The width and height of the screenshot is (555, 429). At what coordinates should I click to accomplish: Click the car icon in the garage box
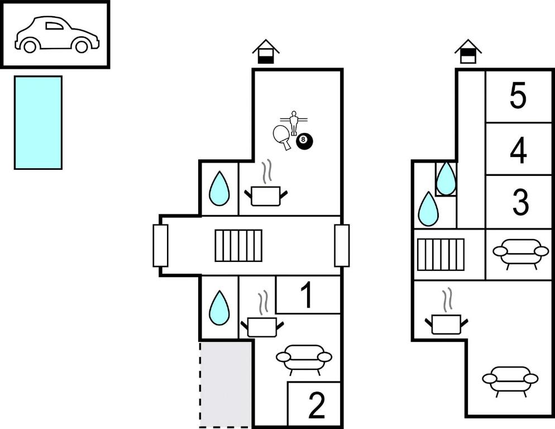[57, 35]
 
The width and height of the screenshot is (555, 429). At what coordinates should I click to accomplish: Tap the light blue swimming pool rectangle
[38, 122]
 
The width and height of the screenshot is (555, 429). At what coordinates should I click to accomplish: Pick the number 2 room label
[316, 406]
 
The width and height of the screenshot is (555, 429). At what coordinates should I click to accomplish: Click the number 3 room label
[520, 202]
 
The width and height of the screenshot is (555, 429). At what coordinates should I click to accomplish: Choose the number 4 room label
[519, 150]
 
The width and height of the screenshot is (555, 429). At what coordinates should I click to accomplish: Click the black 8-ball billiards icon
[304, 141]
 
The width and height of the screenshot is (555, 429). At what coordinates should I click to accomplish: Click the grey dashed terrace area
[223, 384]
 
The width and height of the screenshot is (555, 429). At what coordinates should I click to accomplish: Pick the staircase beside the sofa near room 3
[441, 255]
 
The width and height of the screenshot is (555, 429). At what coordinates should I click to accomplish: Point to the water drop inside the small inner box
[446, 179]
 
